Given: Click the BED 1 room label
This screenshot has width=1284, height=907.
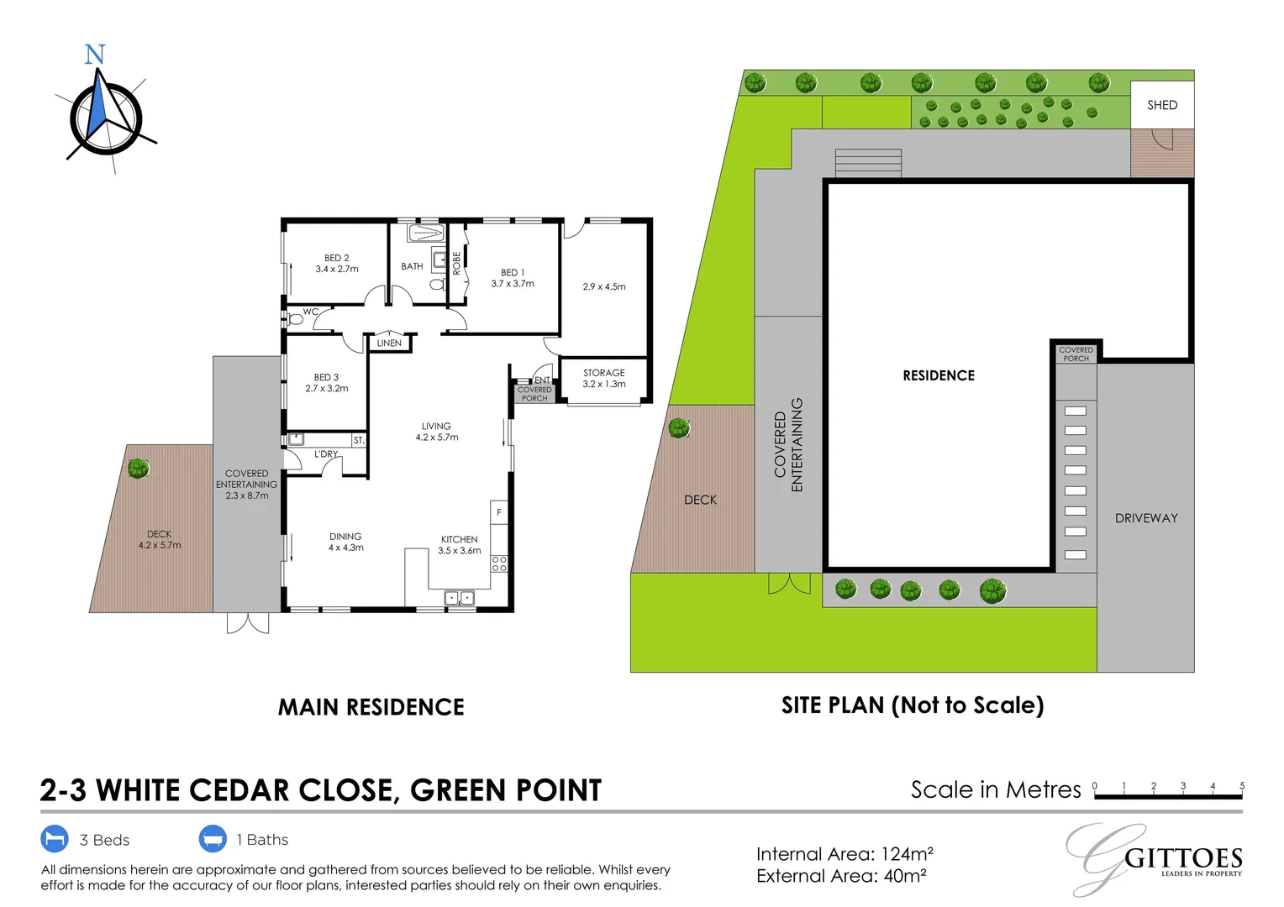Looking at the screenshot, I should [x=513, y=273].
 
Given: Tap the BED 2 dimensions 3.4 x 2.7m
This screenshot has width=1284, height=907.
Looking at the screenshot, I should [x=337, y=270].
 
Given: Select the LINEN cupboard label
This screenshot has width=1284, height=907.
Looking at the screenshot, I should [x=389, y=343].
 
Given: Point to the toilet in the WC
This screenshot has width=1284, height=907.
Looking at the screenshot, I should [x=295, y=319].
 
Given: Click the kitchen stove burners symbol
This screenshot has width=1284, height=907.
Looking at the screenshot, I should [x=499, y=564].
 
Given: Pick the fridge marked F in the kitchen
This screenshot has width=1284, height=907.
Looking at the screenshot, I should [x=499, y=512].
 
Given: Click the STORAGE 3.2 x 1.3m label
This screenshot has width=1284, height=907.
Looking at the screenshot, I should [x=604, y=379].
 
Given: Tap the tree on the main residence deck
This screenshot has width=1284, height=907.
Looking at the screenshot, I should [x=139, y=469].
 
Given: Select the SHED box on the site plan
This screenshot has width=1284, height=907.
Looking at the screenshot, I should [x=1162, y=105].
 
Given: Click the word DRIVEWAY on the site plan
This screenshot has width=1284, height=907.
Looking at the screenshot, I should [x=1146, y=518].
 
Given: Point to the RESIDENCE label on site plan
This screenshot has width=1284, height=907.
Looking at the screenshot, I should [x=939, y=375].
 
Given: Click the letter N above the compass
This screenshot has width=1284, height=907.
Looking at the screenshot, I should [x=95, y=55].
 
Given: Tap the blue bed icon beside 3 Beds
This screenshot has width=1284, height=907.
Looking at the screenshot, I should [x=55, y=839].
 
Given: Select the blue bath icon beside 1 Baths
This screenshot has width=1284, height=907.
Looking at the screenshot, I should [x=213, y=839].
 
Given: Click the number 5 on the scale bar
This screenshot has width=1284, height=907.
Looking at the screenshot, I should [x=1242, y=786].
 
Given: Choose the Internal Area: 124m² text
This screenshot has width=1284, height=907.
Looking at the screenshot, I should [x=845, y=854].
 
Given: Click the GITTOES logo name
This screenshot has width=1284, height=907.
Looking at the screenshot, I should [x=1183, y=858].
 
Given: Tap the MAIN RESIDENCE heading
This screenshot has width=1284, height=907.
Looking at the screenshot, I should [x=371, y=707].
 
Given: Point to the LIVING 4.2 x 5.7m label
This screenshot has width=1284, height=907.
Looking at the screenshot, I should [x=437, y=432].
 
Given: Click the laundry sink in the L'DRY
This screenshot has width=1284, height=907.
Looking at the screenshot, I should [x=296, y=438].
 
